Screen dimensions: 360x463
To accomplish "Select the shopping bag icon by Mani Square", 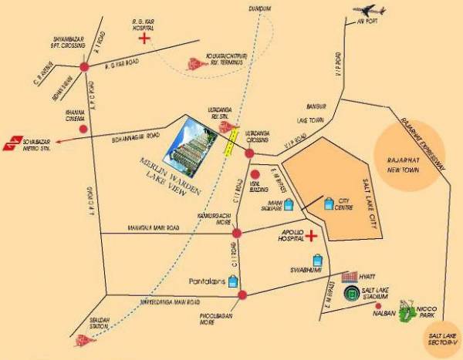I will pyautogui.click(x=289, y=205).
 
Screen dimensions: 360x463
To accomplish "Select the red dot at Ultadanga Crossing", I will pyautogui.click(x=249, y=153).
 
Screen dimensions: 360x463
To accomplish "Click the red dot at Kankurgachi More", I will pyautogui.click(x=238, y=233).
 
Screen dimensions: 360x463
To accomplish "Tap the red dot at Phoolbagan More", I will pyautogui.click(x=242, y=294).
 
